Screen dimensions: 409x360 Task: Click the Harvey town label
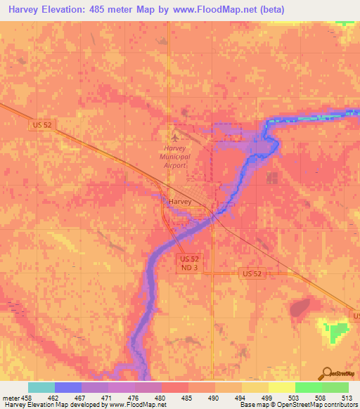[x=180, y=201]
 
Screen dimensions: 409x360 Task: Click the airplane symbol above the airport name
[x=174, y=136]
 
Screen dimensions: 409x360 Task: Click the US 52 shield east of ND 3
[x=250, y=272]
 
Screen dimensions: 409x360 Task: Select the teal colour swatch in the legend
[x=41, y=387]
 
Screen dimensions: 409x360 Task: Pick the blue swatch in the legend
[x=68, y=387]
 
